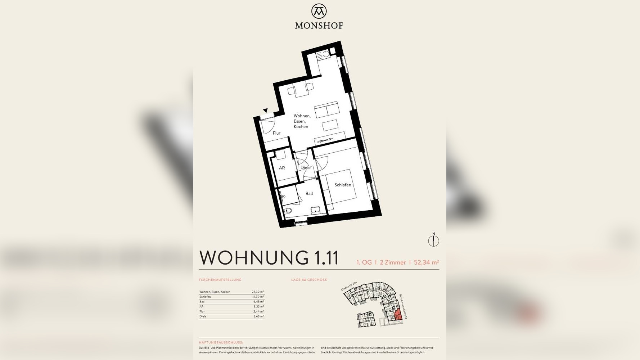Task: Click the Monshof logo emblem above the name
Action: pos(319,11)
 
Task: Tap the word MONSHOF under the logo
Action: pos(319,26)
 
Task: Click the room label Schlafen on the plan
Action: pos(342,185)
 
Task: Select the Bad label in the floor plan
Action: pos(309,194)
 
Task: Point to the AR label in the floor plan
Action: pos(282,168)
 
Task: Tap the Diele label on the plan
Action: pos(305,168)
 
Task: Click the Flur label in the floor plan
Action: pos(276,133)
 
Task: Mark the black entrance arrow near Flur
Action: pos(265,111)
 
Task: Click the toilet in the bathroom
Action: pos(288,211)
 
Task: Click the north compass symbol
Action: pos(433,240)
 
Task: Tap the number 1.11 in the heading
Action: pos(326,258)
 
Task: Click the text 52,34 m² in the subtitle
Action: pos(426,262)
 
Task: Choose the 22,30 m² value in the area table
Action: pos(258,292)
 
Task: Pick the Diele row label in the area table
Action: pos(203,316)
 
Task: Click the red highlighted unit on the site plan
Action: pos(397,315)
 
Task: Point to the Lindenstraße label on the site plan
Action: pos(349,286)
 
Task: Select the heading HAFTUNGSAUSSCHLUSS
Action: pos(221,342)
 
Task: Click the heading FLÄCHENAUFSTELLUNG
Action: pos(220,280)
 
